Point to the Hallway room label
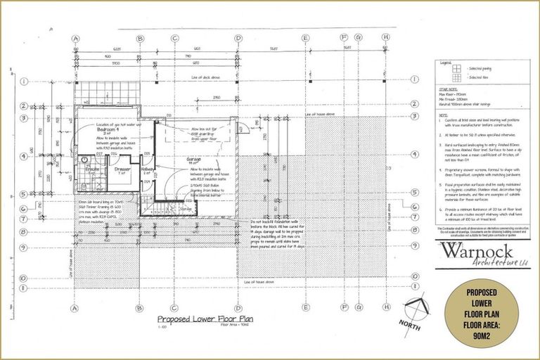[x=146, y=169]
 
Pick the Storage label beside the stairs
[x=185, y=208]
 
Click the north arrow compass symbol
[x=418, y=309]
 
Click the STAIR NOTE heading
[x=448, y=90]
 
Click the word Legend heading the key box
[x=446, y=63]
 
